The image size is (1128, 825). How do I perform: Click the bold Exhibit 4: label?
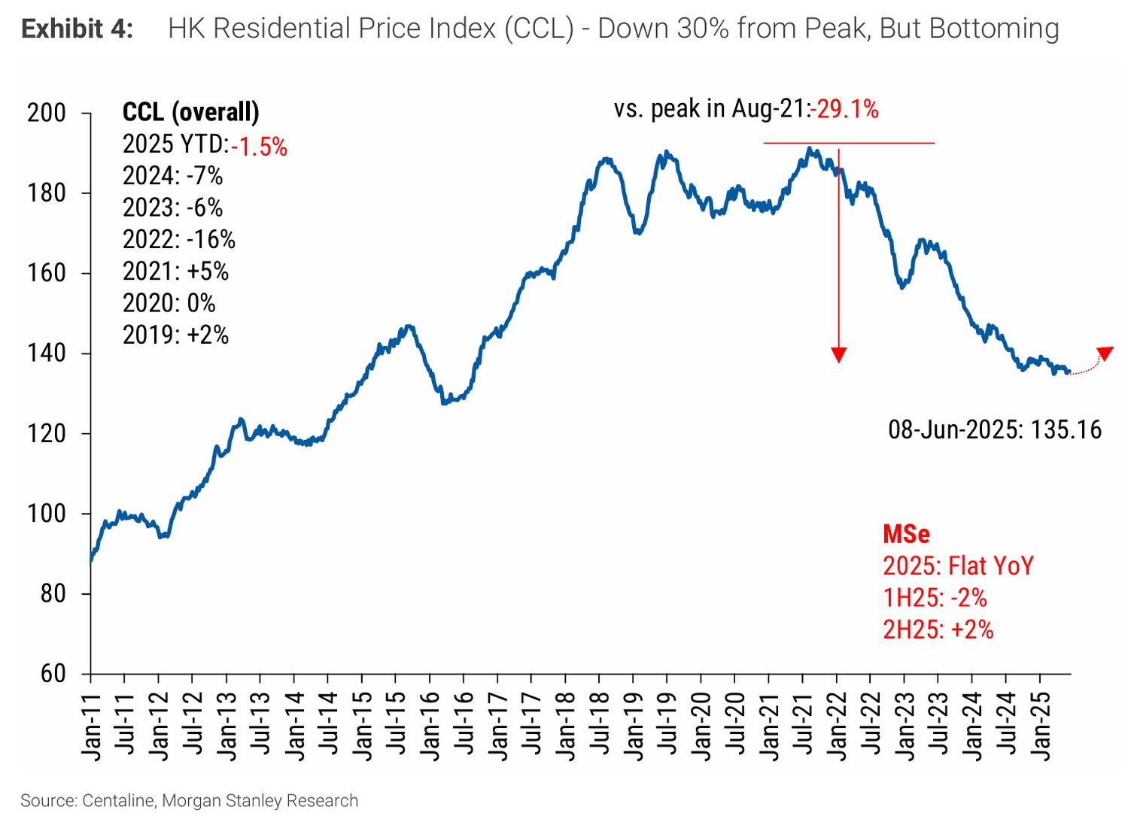click(x=77, y=29)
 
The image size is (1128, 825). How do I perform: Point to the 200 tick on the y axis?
click(x=47, y=114)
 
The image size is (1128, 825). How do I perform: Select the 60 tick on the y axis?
click(x=53, y=673)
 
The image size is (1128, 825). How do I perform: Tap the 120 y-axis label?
click(x=47, y=434)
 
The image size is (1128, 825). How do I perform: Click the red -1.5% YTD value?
click(x=260, y=146)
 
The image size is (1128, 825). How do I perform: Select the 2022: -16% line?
click(x=179, y=240)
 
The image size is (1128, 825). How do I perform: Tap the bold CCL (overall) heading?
click(x=190, y=112)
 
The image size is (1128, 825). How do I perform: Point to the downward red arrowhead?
click(x=838, y=355)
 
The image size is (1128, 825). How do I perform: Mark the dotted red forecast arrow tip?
click(x=1105, y=353)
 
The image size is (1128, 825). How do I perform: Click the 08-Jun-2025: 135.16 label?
click(x=994, y=430)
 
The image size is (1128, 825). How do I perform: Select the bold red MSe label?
click(x=906, y=534)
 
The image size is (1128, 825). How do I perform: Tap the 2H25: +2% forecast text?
click(x=938, y=629)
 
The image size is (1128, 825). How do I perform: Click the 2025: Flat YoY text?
click(x=958, y=566)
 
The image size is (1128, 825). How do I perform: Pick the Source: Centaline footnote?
click(x=189, y=801)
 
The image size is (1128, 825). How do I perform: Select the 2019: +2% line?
click(x=175, y=335)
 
